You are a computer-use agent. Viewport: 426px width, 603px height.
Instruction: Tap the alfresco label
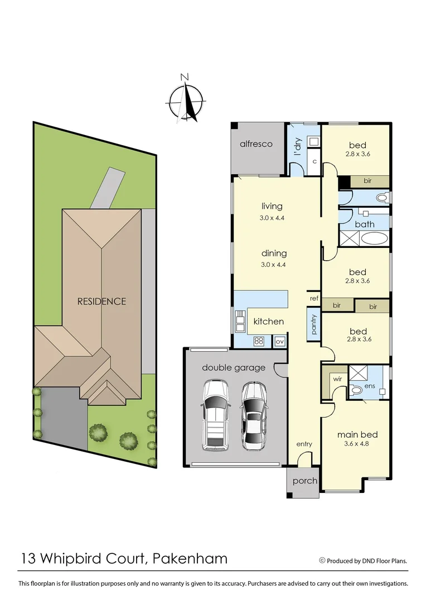256,144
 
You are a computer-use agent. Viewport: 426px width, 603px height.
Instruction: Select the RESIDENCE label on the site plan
101,301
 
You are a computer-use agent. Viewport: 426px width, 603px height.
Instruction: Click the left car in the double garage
215,413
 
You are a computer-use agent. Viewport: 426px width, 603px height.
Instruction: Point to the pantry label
313,325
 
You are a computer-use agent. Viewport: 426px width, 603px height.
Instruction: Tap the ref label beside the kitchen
314,299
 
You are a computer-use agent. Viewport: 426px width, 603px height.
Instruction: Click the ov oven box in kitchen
279,341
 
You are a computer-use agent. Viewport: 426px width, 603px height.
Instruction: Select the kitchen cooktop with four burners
259,341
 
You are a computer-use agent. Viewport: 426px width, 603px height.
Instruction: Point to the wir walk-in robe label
337,378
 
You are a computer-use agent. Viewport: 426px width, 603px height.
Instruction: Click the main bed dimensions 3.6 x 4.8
357,445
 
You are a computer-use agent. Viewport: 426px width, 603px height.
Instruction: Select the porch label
304,481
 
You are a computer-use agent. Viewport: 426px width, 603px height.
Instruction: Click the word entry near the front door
304,444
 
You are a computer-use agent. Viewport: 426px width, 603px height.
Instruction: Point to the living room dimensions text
272,218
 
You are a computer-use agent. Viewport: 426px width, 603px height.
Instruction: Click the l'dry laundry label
298,146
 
